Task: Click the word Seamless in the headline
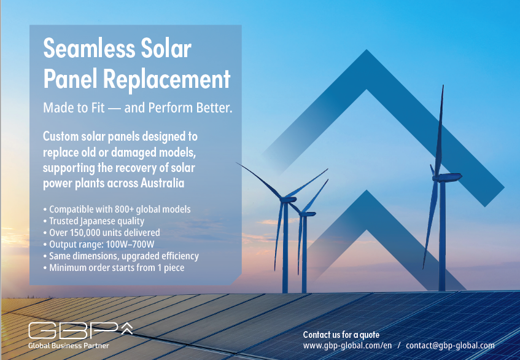pyautogui.click(x=90, y=49)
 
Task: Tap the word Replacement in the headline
pyautogui.click(x=166, y=79)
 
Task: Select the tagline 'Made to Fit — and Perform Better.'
pyautogui.click(x=138, y=108)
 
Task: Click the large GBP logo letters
pyautogui.click(x=73, y=331)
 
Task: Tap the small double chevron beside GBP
pyautogui.click(x=126, y=328)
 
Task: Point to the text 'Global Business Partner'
pyautogui.click(x=69, y=346)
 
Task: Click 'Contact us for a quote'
pyautogui.click(x=341, y=335)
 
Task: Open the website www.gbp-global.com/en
pyautogui.click(x=347, y=345)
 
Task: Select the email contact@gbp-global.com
pyautogui.click(x=450, y=345)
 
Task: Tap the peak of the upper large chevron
pyautogui.click(x=367, y=50)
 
